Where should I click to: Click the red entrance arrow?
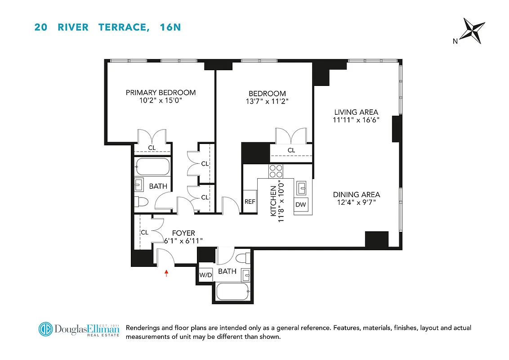pos(167,273)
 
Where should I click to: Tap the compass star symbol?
pos(474,31)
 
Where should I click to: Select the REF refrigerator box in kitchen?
pos(250,202)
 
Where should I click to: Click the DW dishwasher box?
pos(301,204)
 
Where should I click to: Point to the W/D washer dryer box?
pos(206,275)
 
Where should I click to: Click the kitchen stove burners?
pos(276,171)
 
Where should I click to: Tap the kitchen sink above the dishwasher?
pos(301,186)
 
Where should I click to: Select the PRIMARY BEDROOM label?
pos(161,93)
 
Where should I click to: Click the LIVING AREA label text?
pos(356,112)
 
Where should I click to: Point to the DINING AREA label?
pos(356,194)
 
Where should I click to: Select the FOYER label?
pos(183,233)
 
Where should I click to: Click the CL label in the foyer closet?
pos(144,233)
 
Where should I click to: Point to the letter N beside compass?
pos(455,41)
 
